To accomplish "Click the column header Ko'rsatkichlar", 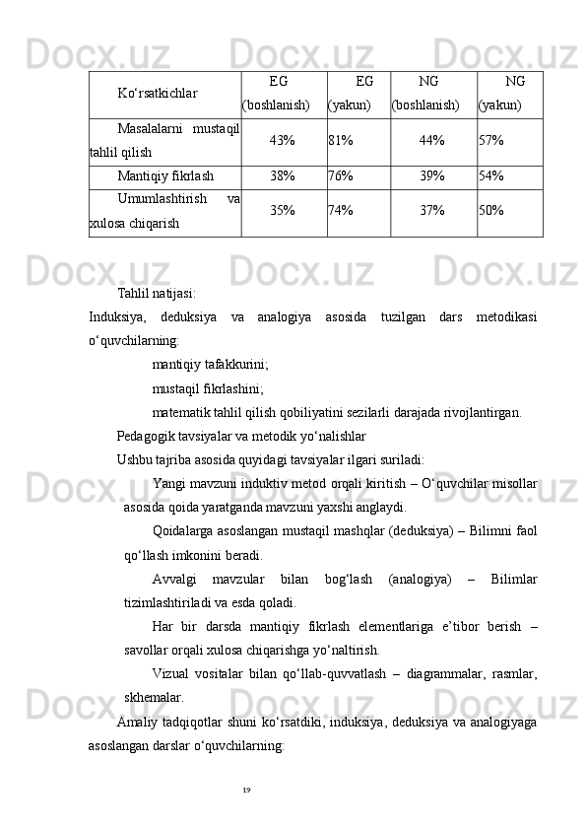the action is [158, 94].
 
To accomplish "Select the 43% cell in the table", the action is [283, 141].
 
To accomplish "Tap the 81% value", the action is [341, 141].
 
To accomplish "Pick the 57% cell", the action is [491, 141].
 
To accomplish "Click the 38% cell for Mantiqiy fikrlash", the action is [283, 176].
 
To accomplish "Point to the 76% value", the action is [341, 176].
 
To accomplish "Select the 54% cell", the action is [491, 176].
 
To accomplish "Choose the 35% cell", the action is [283, 211].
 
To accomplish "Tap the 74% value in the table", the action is [341, 211].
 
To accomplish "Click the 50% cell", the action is [491, 211].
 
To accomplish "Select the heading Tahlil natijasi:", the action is [156, 293].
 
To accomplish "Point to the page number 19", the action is [246, 791].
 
